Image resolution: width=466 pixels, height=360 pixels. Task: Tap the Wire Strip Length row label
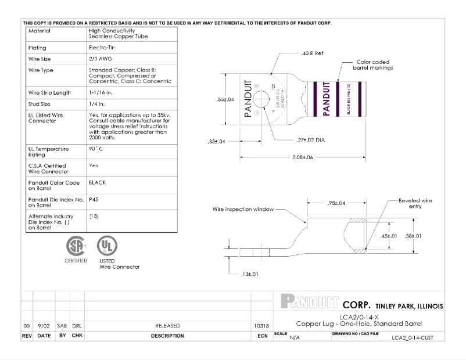click(x=49, y=92)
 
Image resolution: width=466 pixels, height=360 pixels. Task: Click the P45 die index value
click(x=94, y=199)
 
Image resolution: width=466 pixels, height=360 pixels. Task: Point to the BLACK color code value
click(x=97, y=182)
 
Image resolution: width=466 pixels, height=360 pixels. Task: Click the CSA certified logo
click(x=76, y=247)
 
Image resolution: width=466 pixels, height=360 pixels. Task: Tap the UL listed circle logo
click(x=105, y=246)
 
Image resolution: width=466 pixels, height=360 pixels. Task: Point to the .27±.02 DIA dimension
click(x=310, y=140)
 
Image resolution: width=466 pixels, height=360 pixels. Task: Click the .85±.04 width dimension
click(x=224, y=99)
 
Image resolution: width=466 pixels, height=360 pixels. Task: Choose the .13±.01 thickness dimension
click(x=248, y=273)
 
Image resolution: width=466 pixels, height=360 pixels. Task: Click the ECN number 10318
click(x=261, y=326)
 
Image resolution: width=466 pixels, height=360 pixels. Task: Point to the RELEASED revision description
click(x=167, y=326)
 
